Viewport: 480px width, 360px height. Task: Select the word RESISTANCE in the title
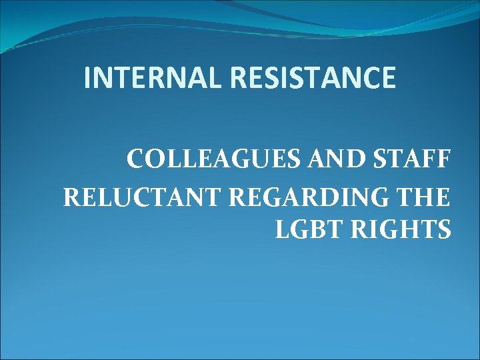pos(313,79)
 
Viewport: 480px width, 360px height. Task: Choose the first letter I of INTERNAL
pos(89,79)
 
